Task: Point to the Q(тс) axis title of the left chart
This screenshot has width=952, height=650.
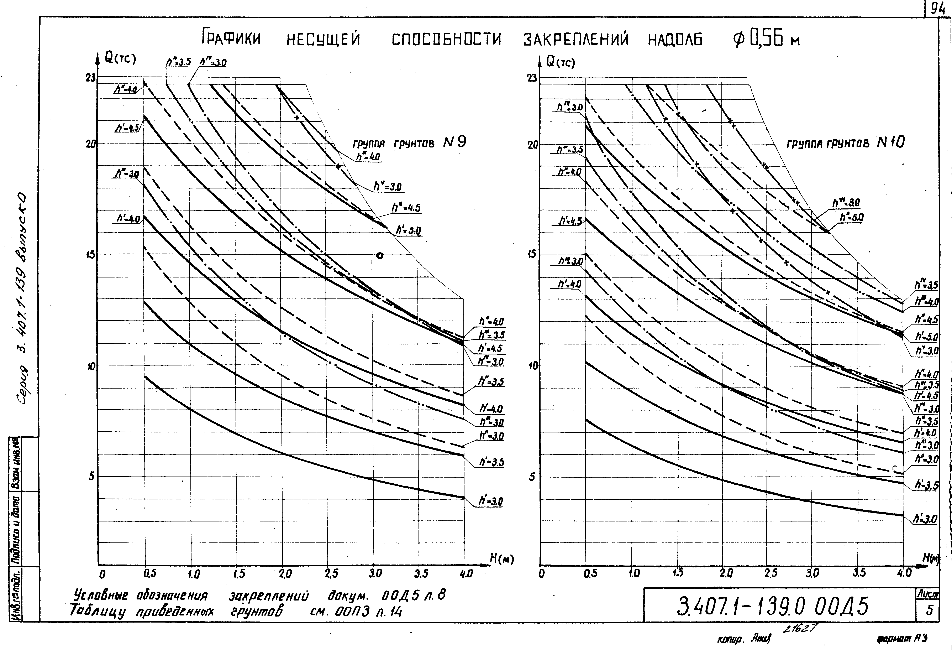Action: pos(120,59)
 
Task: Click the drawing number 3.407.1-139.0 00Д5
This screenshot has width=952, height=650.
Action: pos(772,607)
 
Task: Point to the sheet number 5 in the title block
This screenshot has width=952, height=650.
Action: pos(930,610)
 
